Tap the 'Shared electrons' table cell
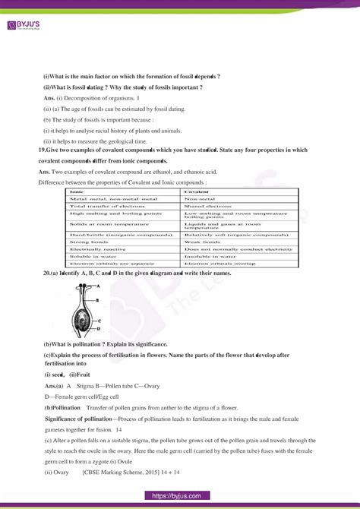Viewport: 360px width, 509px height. click(x=205, y=206)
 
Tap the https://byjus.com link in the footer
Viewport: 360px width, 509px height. click(x=180, y=495)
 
